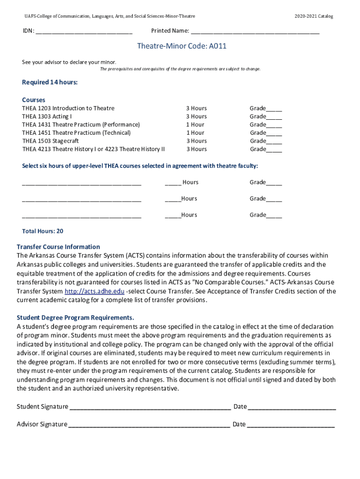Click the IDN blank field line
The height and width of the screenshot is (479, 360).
click(x=84, y=32)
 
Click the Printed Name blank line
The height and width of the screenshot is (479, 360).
click(x=255, y=32)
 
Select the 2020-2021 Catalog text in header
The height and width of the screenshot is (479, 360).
click(x=314, y=16)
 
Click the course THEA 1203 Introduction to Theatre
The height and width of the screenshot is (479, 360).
click(x=68, y=109)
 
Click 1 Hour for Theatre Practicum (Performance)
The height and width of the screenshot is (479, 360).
click(x=195, y=125)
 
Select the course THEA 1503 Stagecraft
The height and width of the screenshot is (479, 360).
click(x=50, y=141)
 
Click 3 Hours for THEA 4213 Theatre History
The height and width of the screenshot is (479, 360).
click(x=196, y=149)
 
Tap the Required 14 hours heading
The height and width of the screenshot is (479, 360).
click(x=50, y=83)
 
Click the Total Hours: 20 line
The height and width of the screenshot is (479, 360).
click(x=43, y=232)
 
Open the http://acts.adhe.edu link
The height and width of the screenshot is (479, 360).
click(x=94, y=291)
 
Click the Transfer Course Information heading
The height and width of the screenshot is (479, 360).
click(x=58, y=247)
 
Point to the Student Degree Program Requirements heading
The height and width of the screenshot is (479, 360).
click(x=75, y=318)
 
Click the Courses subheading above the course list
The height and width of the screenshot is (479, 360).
click(x=34, y=100)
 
